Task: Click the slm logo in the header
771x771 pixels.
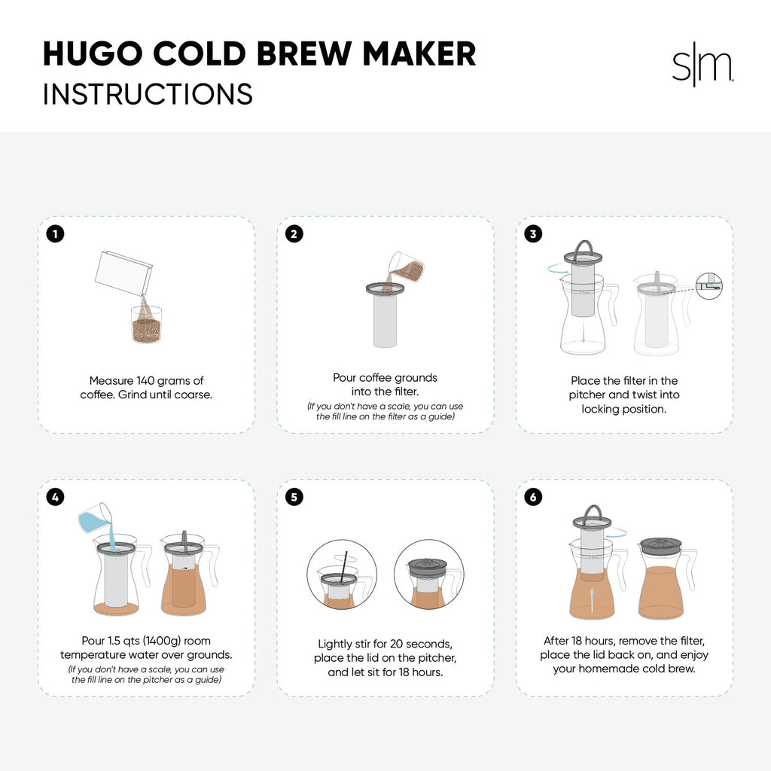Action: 702,69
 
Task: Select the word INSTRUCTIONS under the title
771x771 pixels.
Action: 148,94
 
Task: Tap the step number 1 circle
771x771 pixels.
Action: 55,234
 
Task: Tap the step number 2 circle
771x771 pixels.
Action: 294,234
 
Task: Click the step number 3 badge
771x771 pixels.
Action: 533,234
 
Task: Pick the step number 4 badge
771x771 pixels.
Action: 55,497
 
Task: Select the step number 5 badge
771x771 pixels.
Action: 294,497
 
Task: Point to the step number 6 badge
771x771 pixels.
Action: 533,497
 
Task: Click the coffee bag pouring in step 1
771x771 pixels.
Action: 124,273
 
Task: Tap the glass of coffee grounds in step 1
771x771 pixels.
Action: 146,325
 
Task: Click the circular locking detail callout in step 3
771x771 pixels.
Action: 709,285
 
